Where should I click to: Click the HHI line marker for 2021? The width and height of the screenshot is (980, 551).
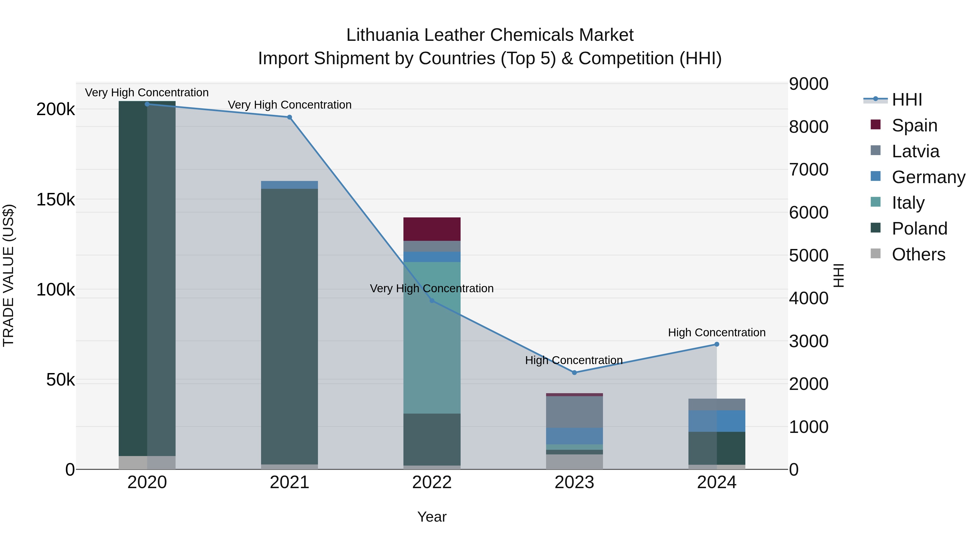pyautogui.click(x=290, y=117)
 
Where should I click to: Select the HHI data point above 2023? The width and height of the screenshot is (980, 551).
pyautogui.click(x=574, y=373)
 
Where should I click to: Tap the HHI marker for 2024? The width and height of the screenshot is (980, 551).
pyautogui.click(x=717, y=344)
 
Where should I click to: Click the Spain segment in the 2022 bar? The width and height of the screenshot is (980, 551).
pyautogui.click(x=432, y=229)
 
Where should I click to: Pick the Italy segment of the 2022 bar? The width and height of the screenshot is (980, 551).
pyautogui.click(x=432, y=338)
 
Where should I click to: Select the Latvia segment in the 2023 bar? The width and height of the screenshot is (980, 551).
pyautogui.click(x=574, y=412)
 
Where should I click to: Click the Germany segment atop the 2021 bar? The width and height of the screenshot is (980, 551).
pyautogui.click(x=290, y=185)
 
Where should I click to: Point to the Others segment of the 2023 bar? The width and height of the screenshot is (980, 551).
pyautogui.click(x=574, y=462)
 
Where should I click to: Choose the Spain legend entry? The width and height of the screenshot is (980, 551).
pyautogui.click(x=914, y=125)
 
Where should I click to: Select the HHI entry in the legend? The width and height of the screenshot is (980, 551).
pyautogui.click(x=906, y=100)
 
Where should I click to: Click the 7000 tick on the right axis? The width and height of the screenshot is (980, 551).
pyautogui.click(x=808, y=170)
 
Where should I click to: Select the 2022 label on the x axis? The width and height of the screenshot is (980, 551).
pyautogui.click(x=432, y=482)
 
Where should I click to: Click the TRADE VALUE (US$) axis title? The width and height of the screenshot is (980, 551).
pyautogui.click(x=8, y=275)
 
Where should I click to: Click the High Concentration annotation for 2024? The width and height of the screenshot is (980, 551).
pyautogui.click(x=717, y=332)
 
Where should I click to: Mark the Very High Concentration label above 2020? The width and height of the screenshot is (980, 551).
pyautogui.click(x=147, y=93)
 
